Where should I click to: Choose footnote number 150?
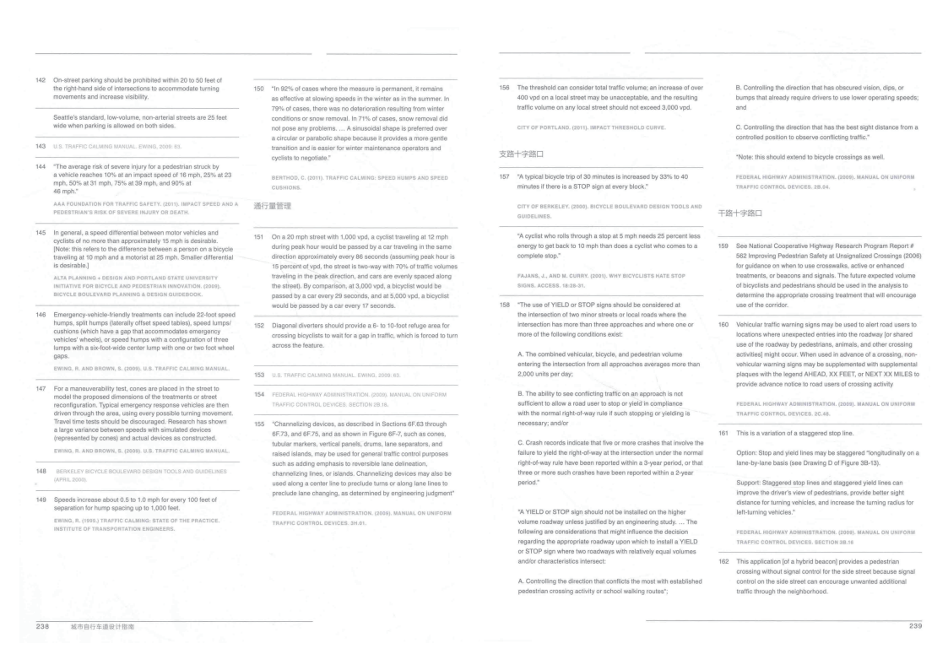(x=259, y=88)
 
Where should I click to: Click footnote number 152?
(x=259, y=325)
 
